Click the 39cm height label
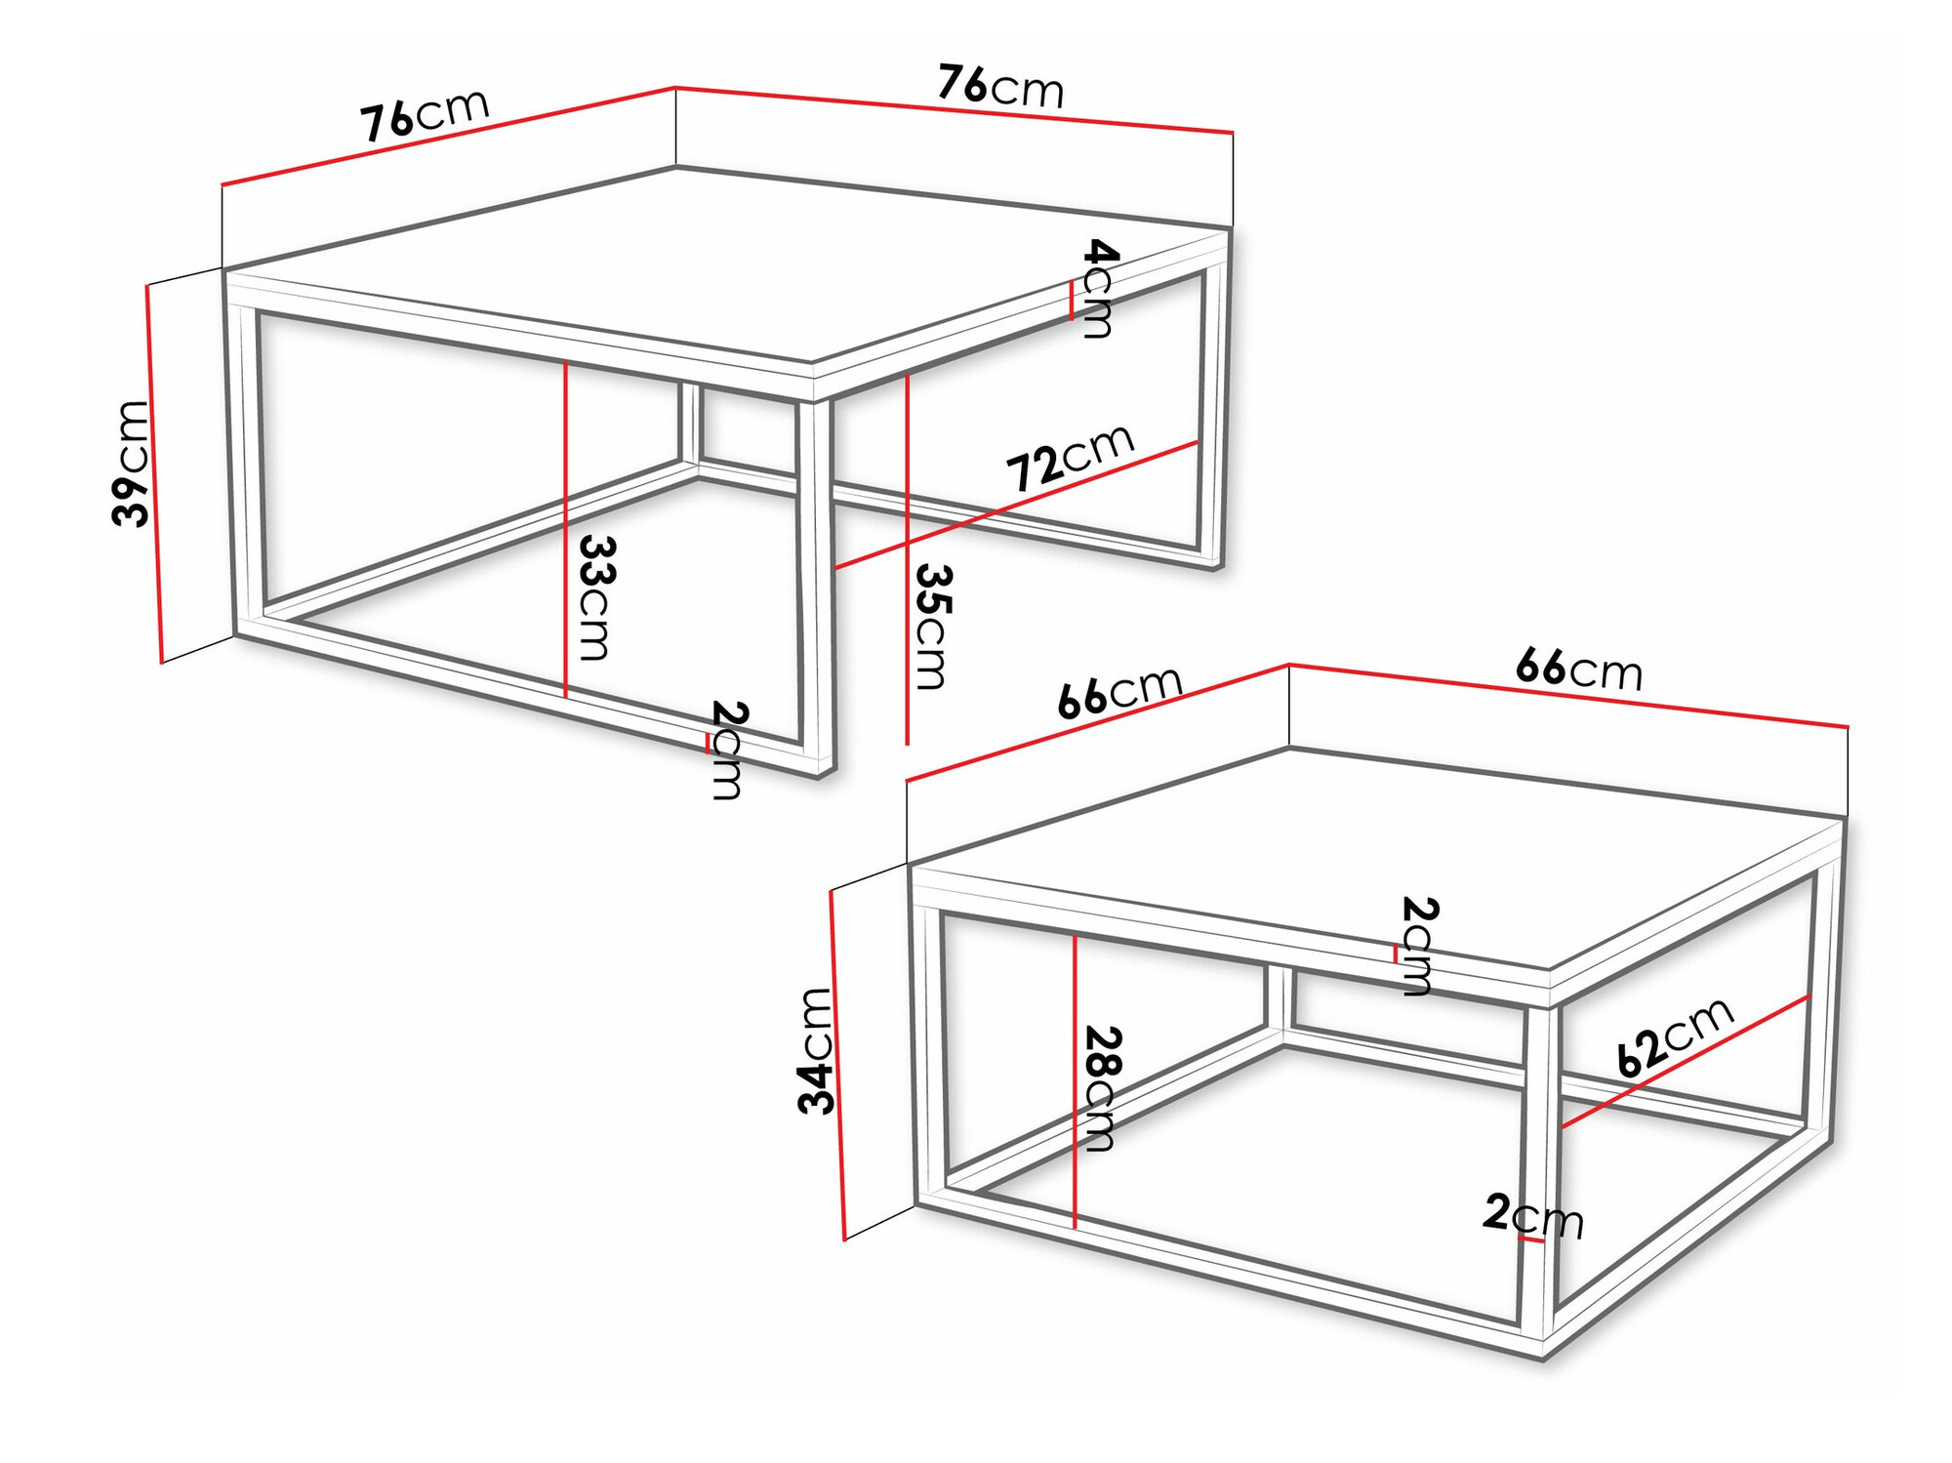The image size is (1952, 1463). click(x=131, y=464)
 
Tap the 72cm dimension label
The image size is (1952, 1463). click(x=1070, y=458)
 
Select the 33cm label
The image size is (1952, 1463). click(x=594, y=596)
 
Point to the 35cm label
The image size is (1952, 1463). click(x=931, y=627)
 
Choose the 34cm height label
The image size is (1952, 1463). click(x=816, y=1050)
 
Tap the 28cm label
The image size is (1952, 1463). click(x=1101, y=1088)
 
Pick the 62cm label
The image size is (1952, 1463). click(x=1675, y=1036)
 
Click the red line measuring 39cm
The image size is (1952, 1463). click(x=154, y=474)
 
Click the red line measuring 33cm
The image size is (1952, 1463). click(x=566, y=528)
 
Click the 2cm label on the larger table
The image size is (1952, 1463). click(x=727, y=750)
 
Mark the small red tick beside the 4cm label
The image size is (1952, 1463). click(x=1072, y=301)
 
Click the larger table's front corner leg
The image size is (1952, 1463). click(x=816, y=586)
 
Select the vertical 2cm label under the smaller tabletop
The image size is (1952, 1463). click(x=1417, y=946)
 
